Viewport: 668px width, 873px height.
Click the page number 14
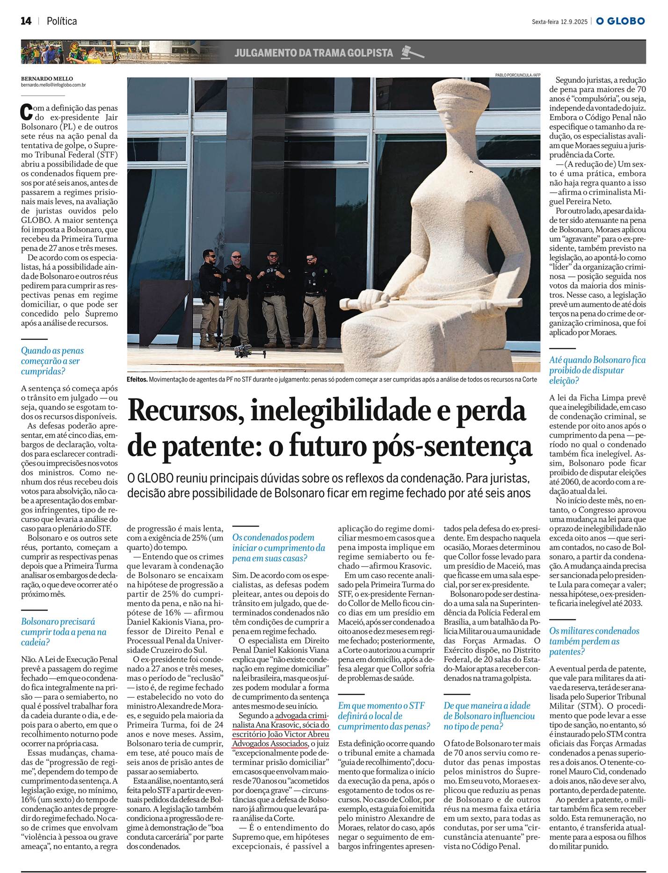tap(26, 21)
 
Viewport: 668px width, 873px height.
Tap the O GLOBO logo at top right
tap(620, 21)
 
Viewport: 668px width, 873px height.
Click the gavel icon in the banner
tap(412, 52)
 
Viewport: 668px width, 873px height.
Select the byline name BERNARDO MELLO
tap(47, 79)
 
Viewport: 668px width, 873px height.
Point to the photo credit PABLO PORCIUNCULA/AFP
tap(517, 75)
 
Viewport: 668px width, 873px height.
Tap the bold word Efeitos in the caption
tap(137, 379)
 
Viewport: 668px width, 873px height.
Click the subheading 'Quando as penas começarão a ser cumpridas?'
tap(52, 361)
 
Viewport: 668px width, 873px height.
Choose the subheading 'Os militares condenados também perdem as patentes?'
tap(594, 641)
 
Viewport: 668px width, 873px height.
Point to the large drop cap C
tap(27, 112)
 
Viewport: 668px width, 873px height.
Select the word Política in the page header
tap(62, 21)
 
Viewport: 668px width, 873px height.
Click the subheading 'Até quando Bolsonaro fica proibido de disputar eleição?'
tap(597, 370)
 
